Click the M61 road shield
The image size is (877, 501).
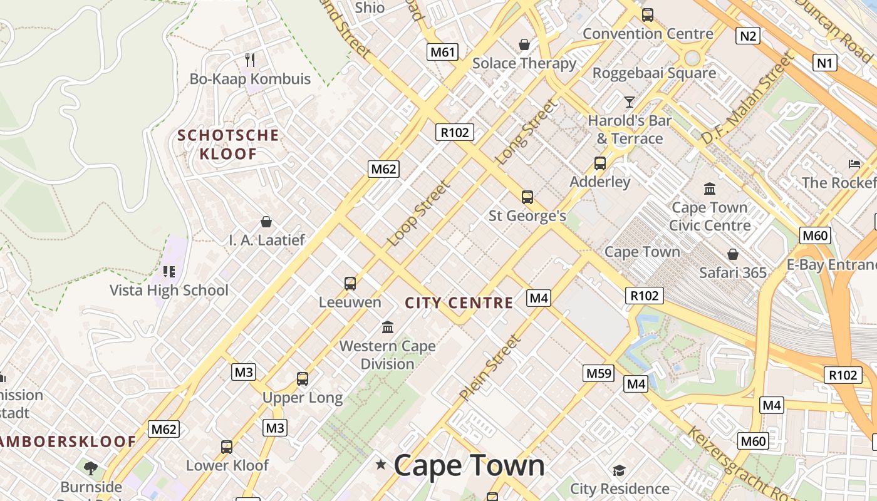pos(442,52)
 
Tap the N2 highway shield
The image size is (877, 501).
pos(748,36)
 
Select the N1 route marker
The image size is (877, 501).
pos(825,63)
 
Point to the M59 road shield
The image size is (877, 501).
pos(598,373)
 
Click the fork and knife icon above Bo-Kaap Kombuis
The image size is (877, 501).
pos(250,59)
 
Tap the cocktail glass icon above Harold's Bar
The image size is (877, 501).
pos(630,101)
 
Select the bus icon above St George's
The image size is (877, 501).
pos(527,197)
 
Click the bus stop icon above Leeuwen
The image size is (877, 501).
pos(350,283)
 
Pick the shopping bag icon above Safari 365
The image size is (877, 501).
pos(732,254)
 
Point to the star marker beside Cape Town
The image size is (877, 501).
pos(380,465)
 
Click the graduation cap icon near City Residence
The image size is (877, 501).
pos(619,470)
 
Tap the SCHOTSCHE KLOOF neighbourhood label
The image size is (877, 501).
pos(228,144)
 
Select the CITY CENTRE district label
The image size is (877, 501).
pos(459,304)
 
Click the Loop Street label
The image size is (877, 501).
pos(418,214)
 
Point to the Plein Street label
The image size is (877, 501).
pos(489,368)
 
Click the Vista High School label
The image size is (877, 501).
pos(169,291)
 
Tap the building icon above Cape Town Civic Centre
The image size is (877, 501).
pos(710,189)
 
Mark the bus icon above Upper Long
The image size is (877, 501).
pos(303,379)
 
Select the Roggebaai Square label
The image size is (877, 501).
pos(654,73)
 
